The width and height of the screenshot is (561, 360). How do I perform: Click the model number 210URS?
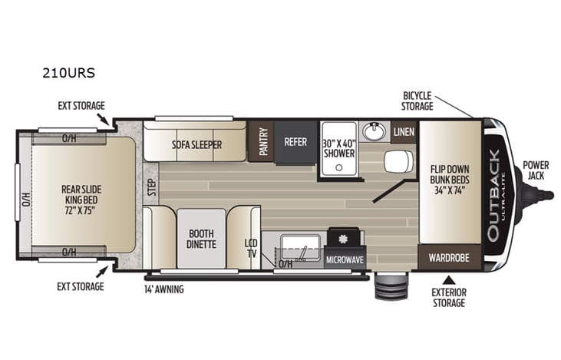67,75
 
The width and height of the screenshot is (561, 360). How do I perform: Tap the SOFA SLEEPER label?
196,144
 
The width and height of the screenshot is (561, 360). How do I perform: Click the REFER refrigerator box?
295,141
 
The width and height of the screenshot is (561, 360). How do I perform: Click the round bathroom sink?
374,131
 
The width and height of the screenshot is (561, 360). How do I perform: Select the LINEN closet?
404,132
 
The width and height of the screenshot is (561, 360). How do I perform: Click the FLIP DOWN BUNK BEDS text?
450,180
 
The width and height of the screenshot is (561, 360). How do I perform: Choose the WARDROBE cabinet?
449,257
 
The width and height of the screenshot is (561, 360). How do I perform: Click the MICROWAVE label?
345,259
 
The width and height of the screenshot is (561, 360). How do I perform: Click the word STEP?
151,187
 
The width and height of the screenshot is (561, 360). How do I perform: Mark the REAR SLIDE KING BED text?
81,194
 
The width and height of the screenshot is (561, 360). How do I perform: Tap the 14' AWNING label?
163,289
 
